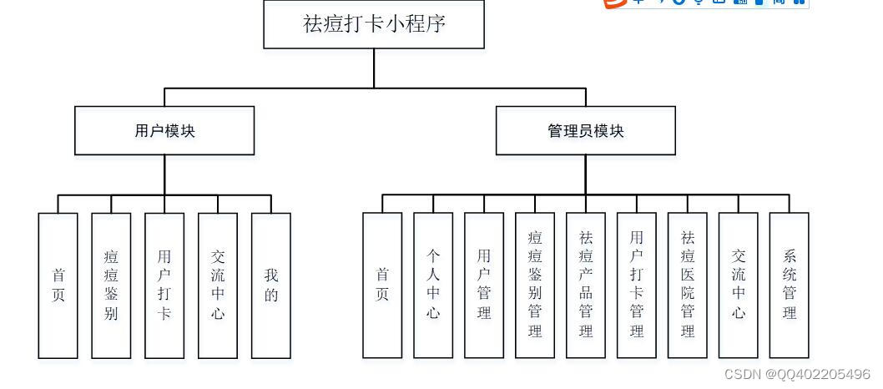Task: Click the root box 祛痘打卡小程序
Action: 374,23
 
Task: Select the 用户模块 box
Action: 164,130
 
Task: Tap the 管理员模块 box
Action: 585,130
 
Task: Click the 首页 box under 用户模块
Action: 58,285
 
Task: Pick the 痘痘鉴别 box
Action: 111,285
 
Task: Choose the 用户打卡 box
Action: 164,285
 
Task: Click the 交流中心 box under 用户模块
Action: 218,285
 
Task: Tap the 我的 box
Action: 271,285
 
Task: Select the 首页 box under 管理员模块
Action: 382,285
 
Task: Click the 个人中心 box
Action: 433,285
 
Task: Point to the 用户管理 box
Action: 484,285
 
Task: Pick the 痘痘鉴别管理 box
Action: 535,285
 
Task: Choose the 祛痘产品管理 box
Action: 586,285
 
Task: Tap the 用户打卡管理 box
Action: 637,285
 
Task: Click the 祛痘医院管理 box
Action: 688,285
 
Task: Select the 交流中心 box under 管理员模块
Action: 739,285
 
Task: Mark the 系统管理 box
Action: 790,285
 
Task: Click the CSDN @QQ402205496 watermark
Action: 796,375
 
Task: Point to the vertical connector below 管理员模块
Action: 585,174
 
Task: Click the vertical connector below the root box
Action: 374,68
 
